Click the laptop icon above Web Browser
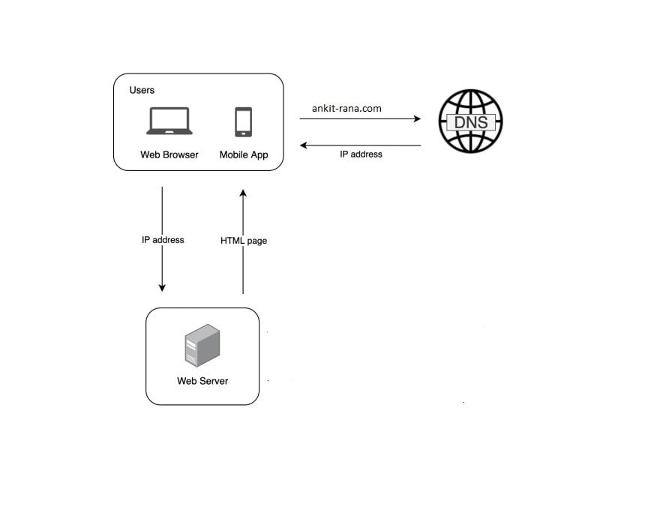pyautogui.click(x=169, y=121)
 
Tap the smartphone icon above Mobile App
pyautogui.click(x=243, y=121)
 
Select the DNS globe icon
pyautogui.click(x=469, y=121)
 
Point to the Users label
pyautogui.click(x=142, y=90)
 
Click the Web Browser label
pyautogui.click(x=169, y=155)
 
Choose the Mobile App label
pyautogui.click(x=243, y=155)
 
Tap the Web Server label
pyautogui.click(x=202, y=381)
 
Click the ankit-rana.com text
pyautogui.click(x=346, y=108)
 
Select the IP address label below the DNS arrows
pyautogui.click(x=361, y=154)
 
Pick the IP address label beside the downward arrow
pyautogui.click(x=163, y=240)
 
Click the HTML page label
pyautogui.click(x=244, y=241)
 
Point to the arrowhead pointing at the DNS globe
pyautogui.click(x=417, y=118)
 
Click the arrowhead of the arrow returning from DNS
pyautogui.click(x=304, y=145)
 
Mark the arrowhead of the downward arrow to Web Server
pyautogui.click(x=162, y=288)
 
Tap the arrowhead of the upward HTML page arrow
pyautogui.click(x=243, y=193)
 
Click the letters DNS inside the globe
pyautogui.click(x=470, y=121)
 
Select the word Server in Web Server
pyautogui.click(x=214, y=381)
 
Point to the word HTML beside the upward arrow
pyautogui.click(x=232, y=241)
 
